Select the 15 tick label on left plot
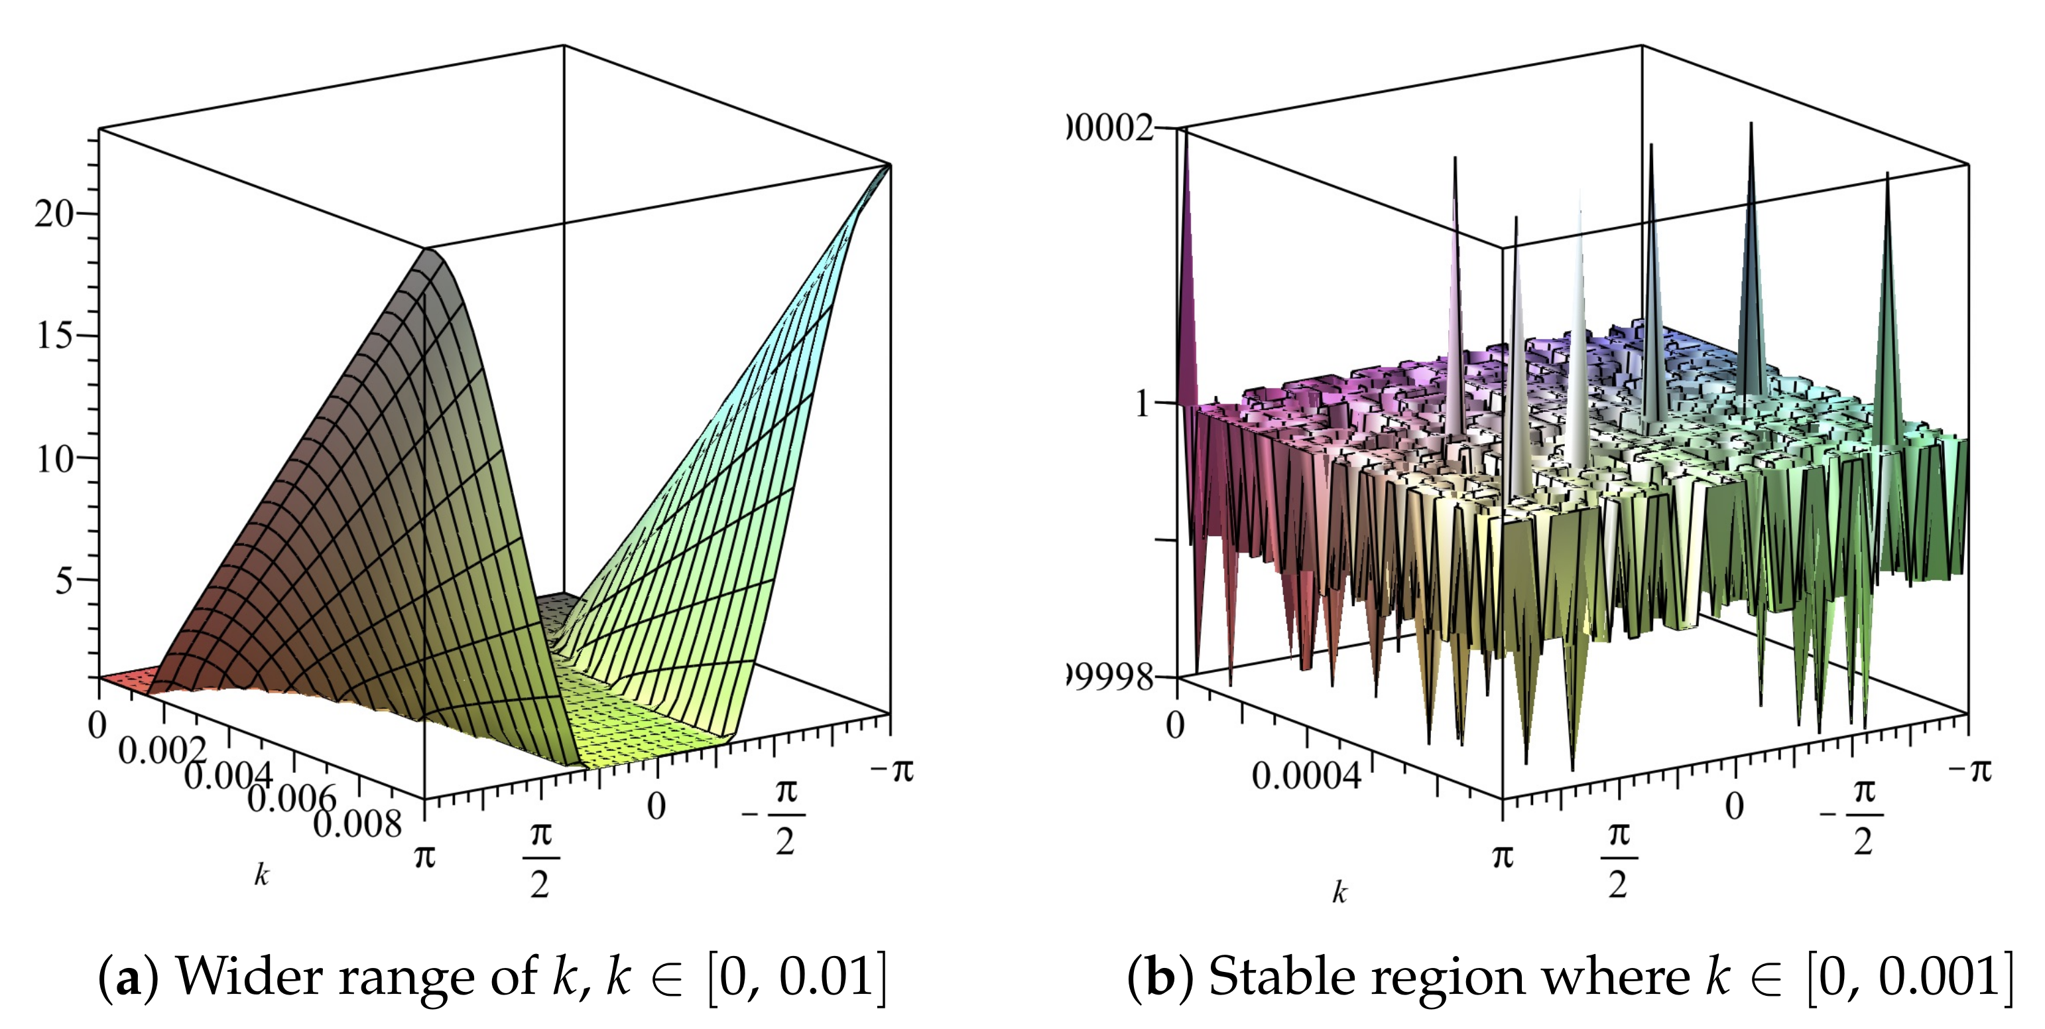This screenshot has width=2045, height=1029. point(53,336)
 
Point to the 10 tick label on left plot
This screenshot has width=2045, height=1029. point(53,458)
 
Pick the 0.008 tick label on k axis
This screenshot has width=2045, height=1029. point(357,824)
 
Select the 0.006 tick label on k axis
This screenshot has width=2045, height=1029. point(292,799)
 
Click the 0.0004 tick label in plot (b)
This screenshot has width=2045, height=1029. point(1306,775)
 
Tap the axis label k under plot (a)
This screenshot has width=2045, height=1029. point(261,875)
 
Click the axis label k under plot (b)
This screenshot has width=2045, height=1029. point(1339,893)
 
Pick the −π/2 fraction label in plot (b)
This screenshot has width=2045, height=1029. point(1853,816)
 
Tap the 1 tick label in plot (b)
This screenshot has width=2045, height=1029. point(1143,404)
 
